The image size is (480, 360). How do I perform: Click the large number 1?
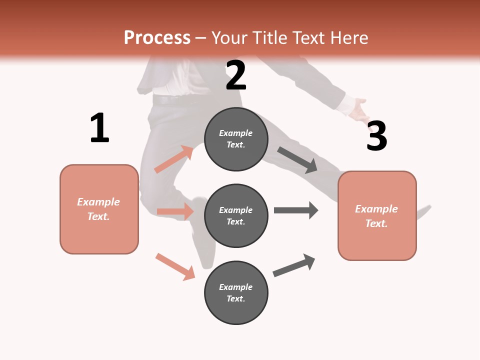coord(99,128)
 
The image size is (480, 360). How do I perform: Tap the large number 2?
coord(236,75)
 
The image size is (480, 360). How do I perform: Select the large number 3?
coord(376,136)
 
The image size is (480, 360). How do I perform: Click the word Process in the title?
coord(157,37)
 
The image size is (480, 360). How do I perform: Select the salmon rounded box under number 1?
coord(99,209)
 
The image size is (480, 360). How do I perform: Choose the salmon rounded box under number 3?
coord(377,216)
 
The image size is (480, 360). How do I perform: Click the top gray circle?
coord(236,139)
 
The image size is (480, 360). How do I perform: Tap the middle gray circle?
coord(236,216)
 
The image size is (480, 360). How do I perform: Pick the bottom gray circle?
coord(236,293)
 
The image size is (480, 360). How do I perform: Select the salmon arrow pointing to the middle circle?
coord(175,211)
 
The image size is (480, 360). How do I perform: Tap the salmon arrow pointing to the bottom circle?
coord(175,266)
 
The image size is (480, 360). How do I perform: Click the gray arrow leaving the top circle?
coord(297,160)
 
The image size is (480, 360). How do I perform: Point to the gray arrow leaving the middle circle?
coord(296,210)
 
